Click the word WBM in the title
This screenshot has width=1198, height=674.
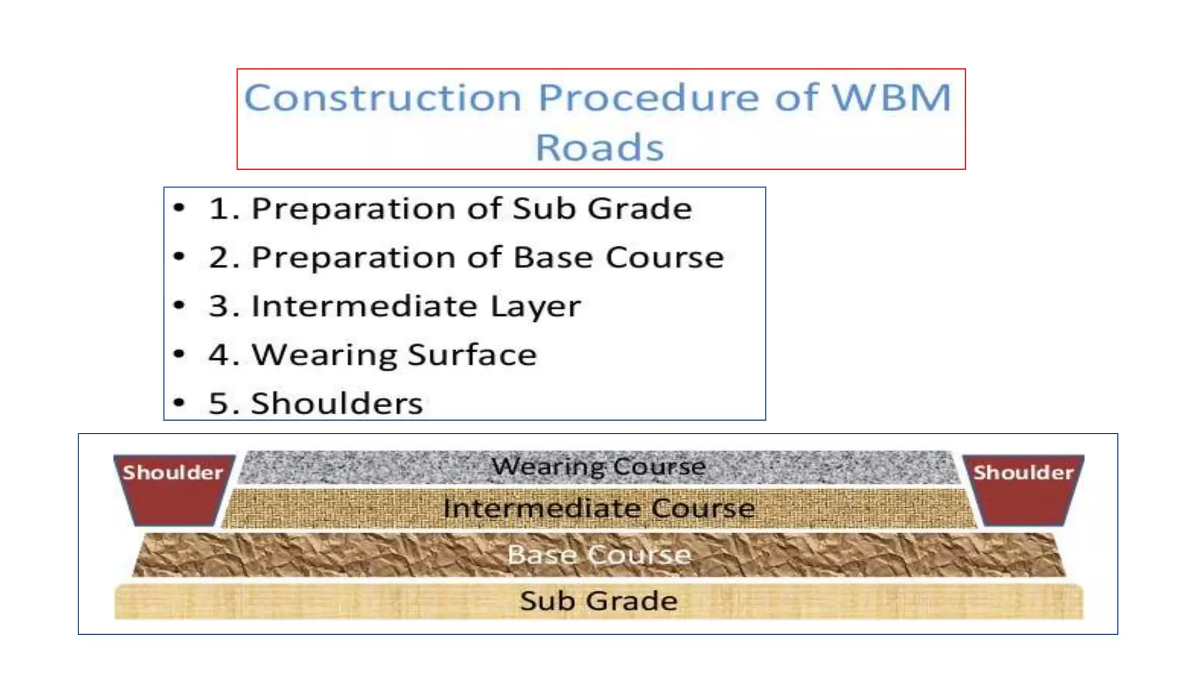[x=892, y=97]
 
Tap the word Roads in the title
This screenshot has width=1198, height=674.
[x=600, y=147]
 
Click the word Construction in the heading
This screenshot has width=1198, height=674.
[x=383, y=97]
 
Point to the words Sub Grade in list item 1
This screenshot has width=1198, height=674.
[x=602, y=209]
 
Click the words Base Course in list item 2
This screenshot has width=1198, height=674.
[x=618, y=257]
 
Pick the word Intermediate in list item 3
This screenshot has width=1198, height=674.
[x=364, y=306]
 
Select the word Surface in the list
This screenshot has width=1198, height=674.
[x=472, y=355]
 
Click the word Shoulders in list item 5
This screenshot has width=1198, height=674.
[x=337, y=404]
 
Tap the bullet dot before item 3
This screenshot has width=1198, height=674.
[x=180, y=305]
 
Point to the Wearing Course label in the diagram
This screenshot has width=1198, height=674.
[x=598, y=467]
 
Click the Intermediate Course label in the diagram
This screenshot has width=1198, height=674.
[x=599, y=508]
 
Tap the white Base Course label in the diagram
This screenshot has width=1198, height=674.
[x=599, y=555]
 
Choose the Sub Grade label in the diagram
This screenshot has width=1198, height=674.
[x=599, y=601]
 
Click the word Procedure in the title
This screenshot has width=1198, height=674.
[x=648, y=97]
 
